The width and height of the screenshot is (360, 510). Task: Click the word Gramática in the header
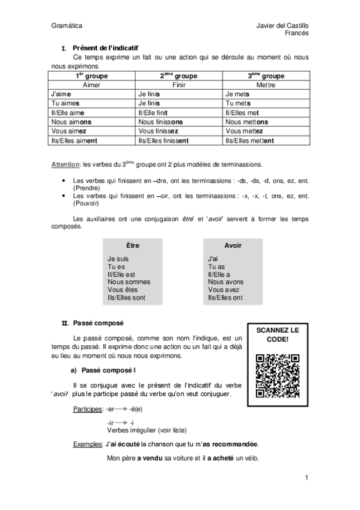tap(67, 26)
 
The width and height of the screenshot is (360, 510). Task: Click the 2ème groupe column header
tap(178, 76)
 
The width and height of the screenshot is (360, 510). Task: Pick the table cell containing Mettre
tap(266, 85)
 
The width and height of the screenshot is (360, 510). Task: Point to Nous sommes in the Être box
tap(129, 281)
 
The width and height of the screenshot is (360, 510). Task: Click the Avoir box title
tap(233, 246)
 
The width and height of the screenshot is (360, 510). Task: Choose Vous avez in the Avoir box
tap(224, 289)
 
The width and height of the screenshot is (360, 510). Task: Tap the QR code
tap(277, 376)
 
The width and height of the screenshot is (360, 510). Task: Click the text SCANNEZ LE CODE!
tap(277, 335)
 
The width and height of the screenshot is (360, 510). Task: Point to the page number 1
tap(306, 478)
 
